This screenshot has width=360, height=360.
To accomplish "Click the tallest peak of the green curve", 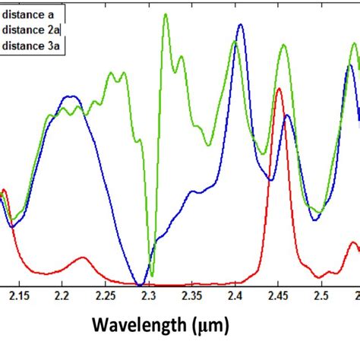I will (x=165, y=14).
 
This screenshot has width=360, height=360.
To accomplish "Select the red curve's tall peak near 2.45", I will (x=279, y=89).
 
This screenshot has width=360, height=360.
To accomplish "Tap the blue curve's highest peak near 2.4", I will (x=241, y=25).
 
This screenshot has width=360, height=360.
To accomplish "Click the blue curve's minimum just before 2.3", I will (x=140, y=283).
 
